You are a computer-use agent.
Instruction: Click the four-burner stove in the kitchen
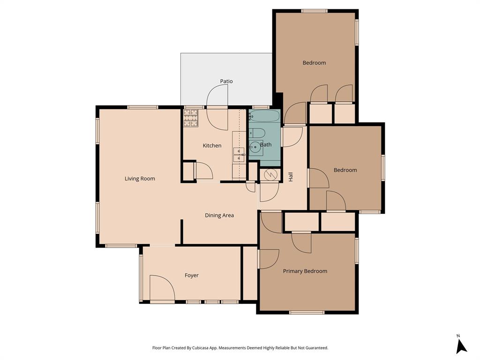[x=191, y=119]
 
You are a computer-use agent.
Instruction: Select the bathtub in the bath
[x=264, y=116]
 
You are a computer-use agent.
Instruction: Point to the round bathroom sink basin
[x=255, y=147]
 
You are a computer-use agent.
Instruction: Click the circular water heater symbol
[x=270, y=174]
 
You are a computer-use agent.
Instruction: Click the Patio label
[x=226, y=81]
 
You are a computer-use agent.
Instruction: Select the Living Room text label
[x=140, y=179]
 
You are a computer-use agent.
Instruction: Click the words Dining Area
[x=219, y=216]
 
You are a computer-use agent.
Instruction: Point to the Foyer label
[x=191, y=276]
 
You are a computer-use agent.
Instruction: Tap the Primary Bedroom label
[x=305, y=271]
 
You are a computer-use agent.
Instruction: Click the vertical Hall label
[x=291, y=177]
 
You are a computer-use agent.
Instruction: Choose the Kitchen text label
[x=212, y=146]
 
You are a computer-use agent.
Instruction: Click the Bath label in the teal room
[x=266, y=145]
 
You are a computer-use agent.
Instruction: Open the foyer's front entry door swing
[x=162, y=288]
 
